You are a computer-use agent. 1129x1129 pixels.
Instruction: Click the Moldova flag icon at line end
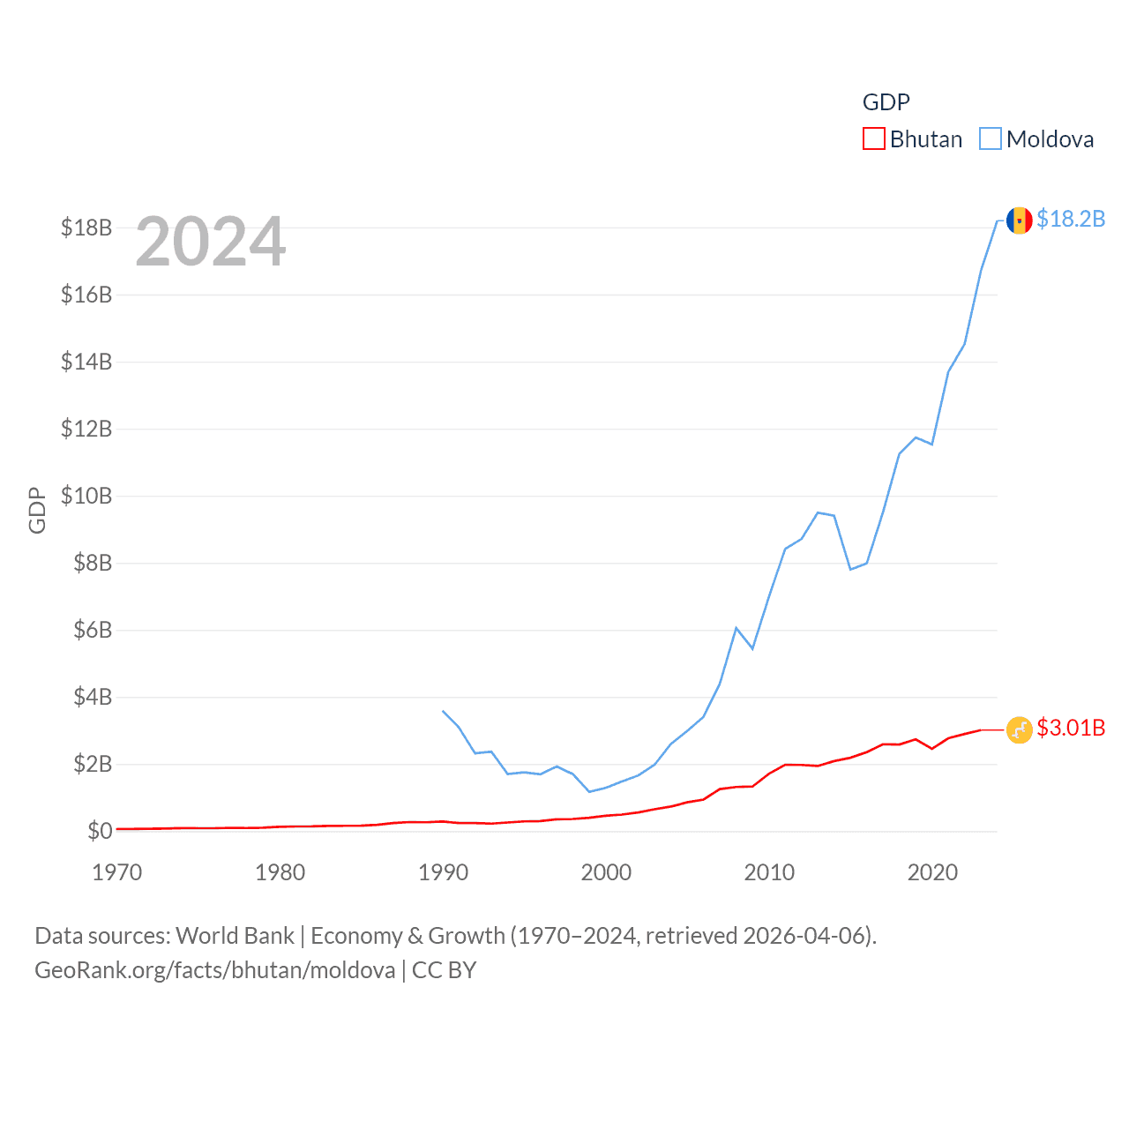pos(1019,220)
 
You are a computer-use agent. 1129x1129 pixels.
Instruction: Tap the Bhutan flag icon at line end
pos(1019,729)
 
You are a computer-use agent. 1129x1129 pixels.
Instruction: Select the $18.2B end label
pos(1071,219)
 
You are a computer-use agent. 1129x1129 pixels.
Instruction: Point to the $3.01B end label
pos(1071,728)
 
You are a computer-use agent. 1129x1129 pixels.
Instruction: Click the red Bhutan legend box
pos(873,139)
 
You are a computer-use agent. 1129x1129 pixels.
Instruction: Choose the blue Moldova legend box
pos(991,139)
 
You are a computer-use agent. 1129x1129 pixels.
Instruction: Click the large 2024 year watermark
pos(211,242)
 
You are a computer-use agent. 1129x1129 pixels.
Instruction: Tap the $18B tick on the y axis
pos(86,228)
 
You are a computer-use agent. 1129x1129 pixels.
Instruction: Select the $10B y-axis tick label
pos(86,496)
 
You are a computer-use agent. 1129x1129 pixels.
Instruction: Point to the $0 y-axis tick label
pos(100,831)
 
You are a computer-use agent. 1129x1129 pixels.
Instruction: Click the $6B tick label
pos(93,630)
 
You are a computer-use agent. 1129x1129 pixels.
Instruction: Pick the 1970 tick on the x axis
pos(117,872)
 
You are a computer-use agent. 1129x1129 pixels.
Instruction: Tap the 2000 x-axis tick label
pos(606,872)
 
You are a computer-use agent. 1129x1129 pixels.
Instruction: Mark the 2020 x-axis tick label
pos(932,872)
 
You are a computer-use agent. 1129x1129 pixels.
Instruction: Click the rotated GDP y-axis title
pos(37,510)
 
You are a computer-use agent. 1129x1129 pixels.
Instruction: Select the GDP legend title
pos(886,102)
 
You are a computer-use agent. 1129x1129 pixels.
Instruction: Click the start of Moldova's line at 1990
pos(443,711)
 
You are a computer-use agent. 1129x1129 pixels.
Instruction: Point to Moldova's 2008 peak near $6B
pos(736,628)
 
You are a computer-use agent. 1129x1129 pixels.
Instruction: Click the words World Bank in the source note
pos(235,935)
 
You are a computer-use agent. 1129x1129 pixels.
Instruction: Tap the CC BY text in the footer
pos(444,970)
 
